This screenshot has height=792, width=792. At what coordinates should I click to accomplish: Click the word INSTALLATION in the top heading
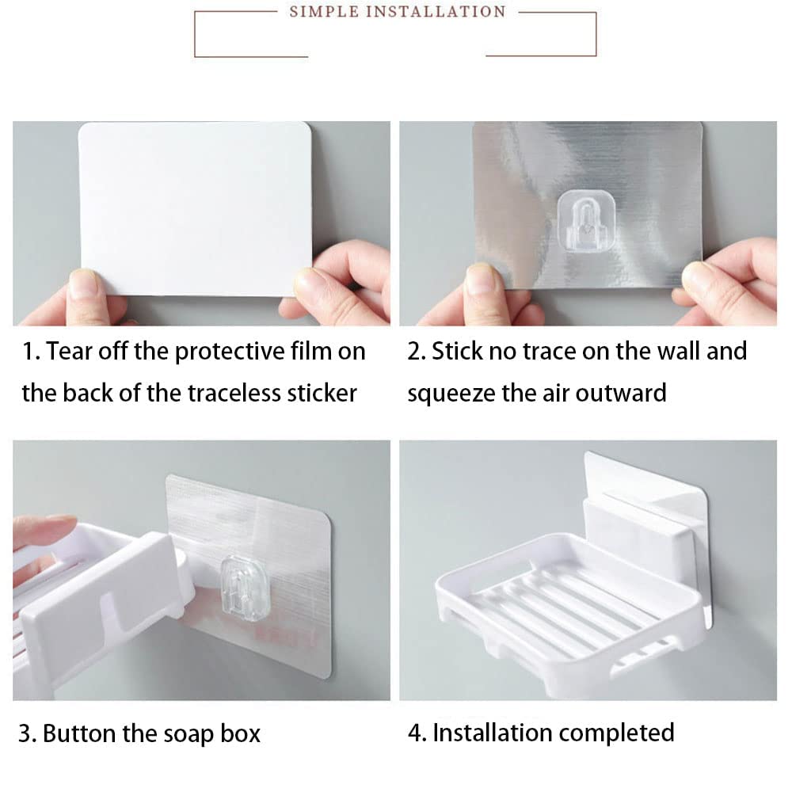pos(433,12)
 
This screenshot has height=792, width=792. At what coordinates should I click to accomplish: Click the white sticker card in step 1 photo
pos(195,208)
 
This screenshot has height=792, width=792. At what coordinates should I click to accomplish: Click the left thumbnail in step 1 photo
pos(84,283)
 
